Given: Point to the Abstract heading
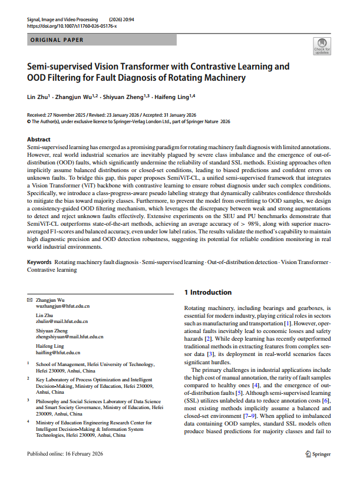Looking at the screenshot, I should point(39,139).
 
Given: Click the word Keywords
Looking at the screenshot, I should point(39,261).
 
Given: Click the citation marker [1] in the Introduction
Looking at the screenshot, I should point(286,324).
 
